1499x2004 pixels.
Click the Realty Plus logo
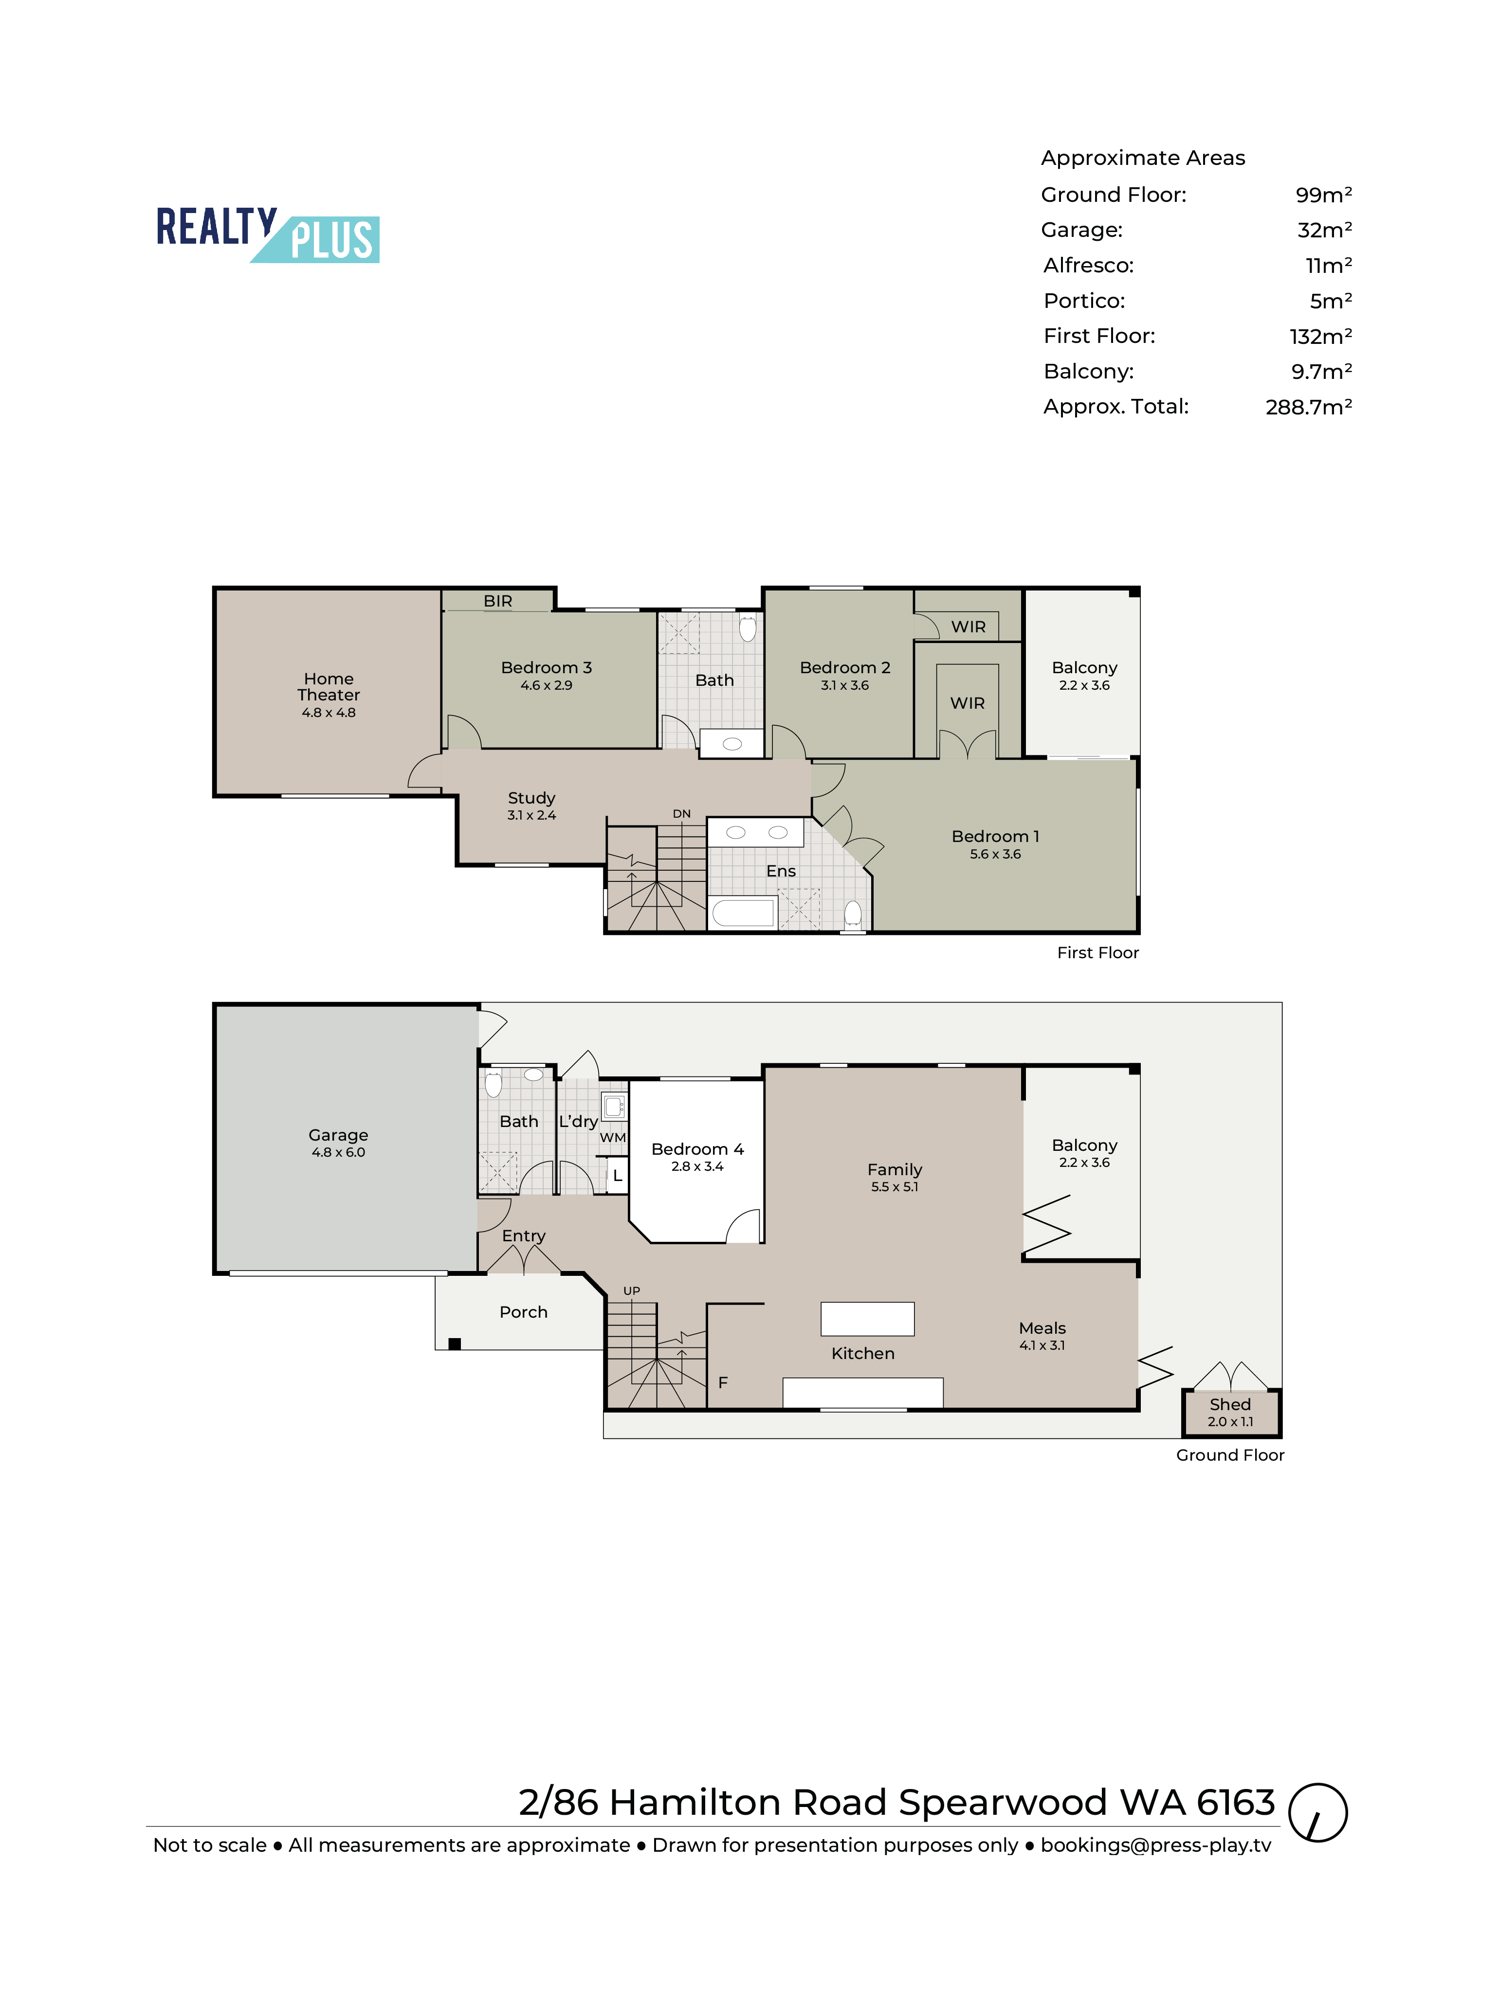[267, 234]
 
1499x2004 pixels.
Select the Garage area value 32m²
[1324, 230]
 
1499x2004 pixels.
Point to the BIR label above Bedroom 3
[497, 601]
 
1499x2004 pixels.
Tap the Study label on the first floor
[531, 798]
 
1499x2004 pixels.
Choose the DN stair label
[681, 814]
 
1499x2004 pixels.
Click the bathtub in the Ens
[743, 913]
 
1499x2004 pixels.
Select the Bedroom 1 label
[995, 836]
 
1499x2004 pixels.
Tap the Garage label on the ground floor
[338, 1135]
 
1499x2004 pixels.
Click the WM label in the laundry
[613, 1137]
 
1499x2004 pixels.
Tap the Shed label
[1230, 1404]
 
